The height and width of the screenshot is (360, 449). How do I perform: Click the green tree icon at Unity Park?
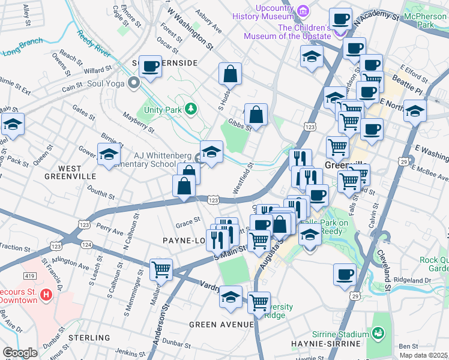(190, 109)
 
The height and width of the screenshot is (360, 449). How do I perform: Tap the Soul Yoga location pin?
(133, 83)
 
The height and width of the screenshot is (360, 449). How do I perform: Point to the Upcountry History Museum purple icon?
(303, 10)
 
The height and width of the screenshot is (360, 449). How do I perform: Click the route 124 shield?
(86, 245)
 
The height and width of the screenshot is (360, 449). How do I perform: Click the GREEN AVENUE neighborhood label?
(221, 325)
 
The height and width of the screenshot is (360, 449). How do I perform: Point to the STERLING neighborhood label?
(90, 338)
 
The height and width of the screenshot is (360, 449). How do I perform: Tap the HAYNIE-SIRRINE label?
(328, 344)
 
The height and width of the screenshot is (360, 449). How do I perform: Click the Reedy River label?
(94, 44)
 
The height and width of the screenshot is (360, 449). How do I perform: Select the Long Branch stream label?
(22, 47)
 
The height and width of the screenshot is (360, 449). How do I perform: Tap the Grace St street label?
(187, 222)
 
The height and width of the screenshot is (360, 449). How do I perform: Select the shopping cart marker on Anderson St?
(161, 269)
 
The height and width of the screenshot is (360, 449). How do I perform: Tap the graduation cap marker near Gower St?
(109, 155)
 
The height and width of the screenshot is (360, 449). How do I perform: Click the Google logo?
(20, 353)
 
